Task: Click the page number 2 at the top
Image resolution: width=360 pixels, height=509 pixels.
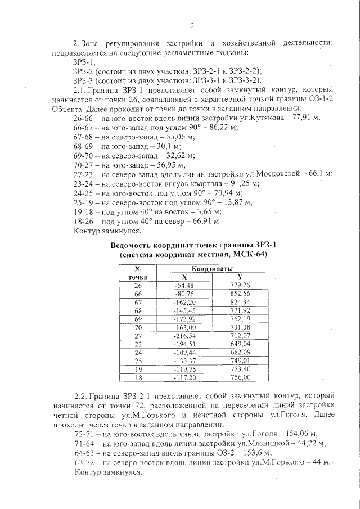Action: [192, 26]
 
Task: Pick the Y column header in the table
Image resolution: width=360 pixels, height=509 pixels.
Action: [240, 277]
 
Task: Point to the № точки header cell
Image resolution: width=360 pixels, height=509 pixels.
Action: [137, 273]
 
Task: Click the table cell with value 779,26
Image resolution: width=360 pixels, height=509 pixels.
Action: [240, 285]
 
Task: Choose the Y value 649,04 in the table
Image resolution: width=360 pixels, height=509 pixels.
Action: [240, 344]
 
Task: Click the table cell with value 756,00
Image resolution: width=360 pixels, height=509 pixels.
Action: [240, 377]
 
